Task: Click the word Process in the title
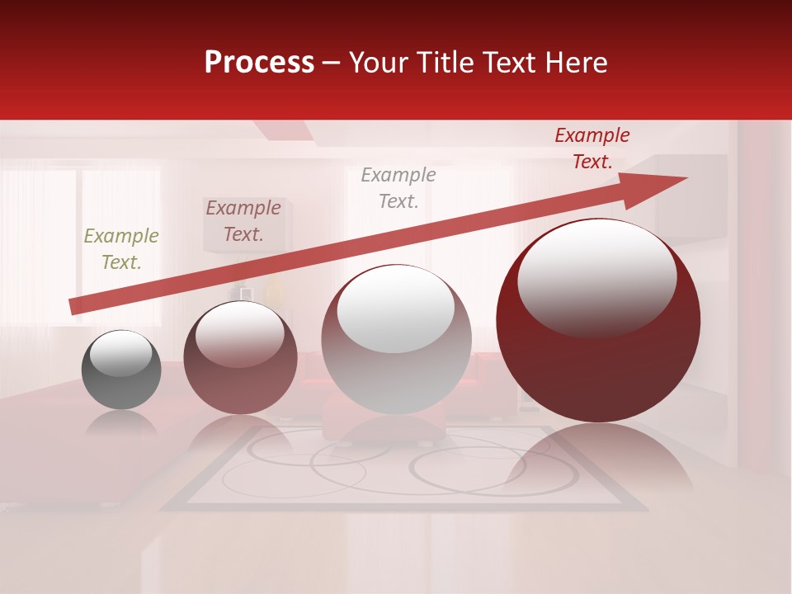click(x=259, y=63)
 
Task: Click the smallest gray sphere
click(x=121, y=370)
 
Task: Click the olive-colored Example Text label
click(x=121, y=249)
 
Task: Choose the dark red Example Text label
click(x=592, y=148)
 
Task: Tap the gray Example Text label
click(x=398, y=187)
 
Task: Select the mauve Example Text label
click(x=243, y=221)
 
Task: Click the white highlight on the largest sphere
click(x=596, y=276)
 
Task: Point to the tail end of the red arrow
click(x=74, y=306)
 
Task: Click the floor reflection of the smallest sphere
click(x=121, y=422)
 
